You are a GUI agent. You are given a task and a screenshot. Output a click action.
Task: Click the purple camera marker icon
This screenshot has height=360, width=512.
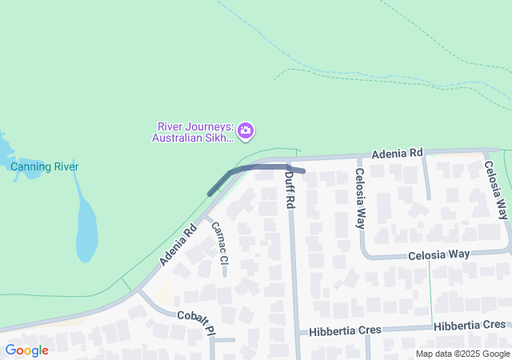point(246,130)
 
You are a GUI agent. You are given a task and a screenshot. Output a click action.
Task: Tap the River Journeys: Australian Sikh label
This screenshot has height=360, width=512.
point(193,132)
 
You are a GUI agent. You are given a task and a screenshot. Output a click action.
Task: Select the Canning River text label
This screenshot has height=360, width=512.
point(44,167)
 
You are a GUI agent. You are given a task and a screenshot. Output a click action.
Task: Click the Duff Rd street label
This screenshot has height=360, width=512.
point(290,193)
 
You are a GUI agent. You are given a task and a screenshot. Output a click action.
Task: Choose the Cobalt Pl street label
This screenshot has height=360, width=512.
point(197,321)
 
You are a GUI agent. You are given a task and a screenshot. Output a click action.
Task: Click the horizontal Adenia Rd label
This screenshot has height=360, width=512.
point(397,153)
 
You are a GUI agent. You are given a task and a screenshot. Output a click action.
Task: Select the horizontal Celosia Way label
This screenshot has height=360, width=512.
point(438,254)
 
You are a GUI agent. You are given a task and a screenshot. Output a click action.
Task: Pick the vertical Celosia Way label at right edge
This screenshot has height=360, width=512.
point(495,190)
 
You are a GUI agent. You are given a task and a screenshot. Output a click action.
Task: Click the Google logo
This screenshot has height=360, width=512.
point(26,350)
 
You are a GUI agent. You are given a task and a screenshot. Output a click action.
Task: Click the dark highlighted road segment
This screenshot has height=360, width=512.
point(256,168)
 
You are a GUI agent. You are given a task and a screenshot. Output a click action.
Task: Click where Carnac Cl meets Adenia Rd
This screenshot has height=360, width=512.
point(206,215)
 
